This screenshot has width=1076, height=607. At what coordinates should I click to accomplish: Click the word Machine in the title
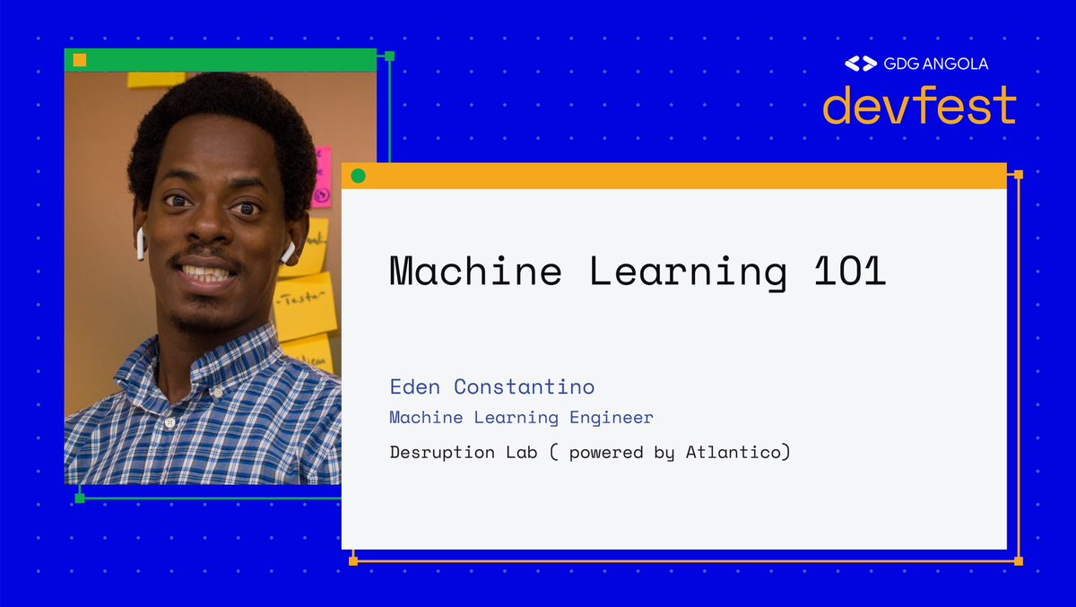coord(475,272)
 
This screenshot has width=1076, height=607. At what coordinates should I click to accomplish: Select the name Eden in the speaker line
coord(416,386)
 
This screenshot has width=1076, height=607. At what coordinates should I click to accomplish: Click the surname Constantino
coord(524,386)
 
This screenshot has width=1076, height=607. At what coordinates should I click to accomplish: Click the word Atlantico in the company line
coord(737,452)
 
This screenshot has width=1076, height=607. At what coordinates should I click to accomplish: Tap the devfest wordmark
coord(918,106)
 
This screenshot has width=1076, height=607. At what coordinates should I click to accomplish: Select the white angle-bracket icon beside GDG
coord(861,64)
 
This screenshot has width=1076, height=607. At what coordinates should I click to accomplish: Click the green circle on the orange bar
coord(358,176)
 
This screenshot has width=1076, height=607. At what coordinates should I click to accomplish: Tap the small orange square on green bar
coord(80,60)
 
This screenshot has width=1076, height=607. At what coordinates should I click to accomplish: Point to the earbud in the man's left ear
coord(288,252)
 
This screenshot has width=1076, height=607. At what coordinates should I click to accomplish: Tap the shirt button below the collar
coord(168,421)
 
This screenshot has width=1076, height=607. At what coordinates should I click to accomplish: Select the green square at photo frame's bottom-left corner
coord(79,498)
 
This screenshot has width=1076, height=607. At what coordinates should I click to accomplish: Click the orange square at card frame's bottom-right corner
coord(1018,561)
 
